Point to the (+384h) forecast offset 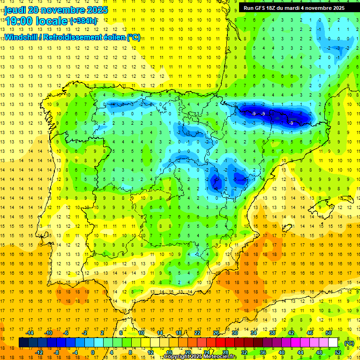(84, 21)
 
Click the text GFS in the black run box (262, 8)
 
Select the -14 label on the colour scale (30, 333)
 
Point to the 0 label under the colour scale (93, 352)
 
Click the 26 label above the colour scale (216, 333)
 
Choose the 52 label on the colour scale (337, 352)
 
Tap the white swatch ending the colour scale (333, 343)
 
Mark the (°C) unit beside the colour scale (349, 343)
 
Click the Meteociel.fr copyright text (200, 357)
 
